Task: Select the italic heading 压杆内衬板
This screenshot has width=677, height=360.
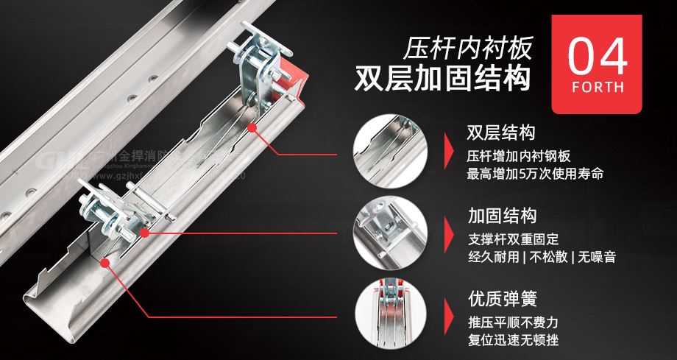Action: point(467,48)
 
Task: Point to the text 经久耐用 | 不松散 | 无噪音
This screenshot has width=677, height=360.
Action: point(542,257)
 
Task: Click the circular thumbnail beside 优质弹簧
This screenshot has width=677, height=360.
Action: point(391,315)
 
